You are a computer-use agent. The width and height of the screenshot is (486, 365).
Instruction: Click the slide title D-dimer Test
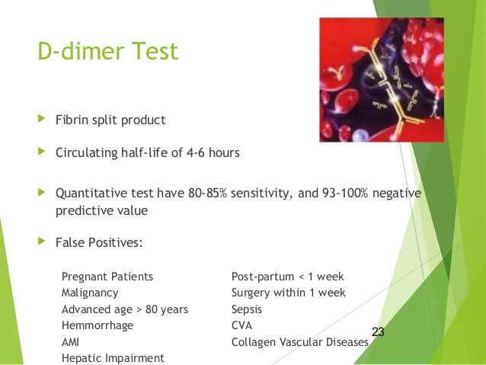[x=107, y=52]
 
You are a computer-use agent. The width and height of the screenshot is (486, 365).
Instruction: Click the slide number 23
[x=378, y=331]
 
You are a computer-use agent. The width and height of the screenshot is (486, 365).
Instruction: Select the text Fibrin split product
[x=110, y=120]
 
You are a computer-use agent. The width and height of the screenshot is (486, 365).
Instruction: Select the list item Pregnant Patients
[x=107, y=276]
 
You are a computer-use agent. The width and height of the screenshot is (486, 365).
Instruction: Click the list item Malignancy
[x=89, y=293]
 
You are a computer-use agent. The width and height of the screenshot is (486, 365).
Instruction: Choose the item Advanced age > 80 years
[x=124, y=309]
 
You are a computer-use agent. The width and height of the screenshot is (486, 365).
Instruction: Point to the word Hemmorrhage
[x=96, y=326]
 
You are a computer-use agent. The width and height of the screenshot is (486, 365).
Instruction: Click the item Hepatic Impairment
[x=112, y=358]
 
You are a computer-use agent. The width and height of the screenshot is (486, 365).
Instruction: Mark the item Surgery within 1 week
[x=288, y=293]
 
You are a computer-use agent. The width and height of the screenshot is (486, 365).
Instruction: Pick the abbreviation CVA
[x=242, y=326]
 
